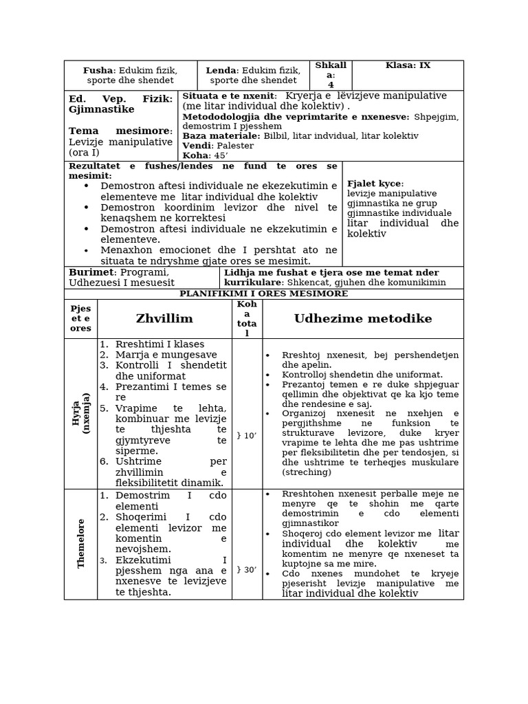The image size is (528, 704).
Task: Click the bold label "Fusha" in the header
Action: (x=98, y=70)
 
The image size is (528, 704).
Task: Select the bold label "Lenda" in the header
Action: (x=221, y=70)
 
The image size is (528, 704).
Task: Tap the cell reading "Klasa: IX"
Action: (x=408, y=65)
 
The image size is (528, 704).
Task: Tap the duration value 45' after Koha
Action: (x=220, y=155)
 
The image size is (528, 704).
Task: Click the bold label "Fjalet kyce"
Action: (x=375, y=184)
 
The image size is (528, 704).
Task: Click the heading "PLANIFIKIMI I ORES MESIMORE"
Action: (x=263, y=294)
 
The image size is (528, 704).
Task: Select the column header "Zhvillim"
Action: (x=164, y=318)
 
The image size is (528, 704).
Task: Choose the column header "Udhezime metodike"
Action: (x=363, y=318)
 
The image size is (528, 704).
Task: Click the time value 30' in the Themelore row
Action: (x=246, y=569)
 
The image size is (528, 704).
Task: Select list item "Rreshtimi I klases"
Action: (x=159, y=344)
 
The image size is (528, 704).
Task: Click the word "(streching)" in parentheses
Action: (x=307, y=472)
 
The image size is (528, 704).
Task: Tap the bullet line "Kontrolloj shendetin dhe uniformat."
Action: (x=362, y=375)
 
